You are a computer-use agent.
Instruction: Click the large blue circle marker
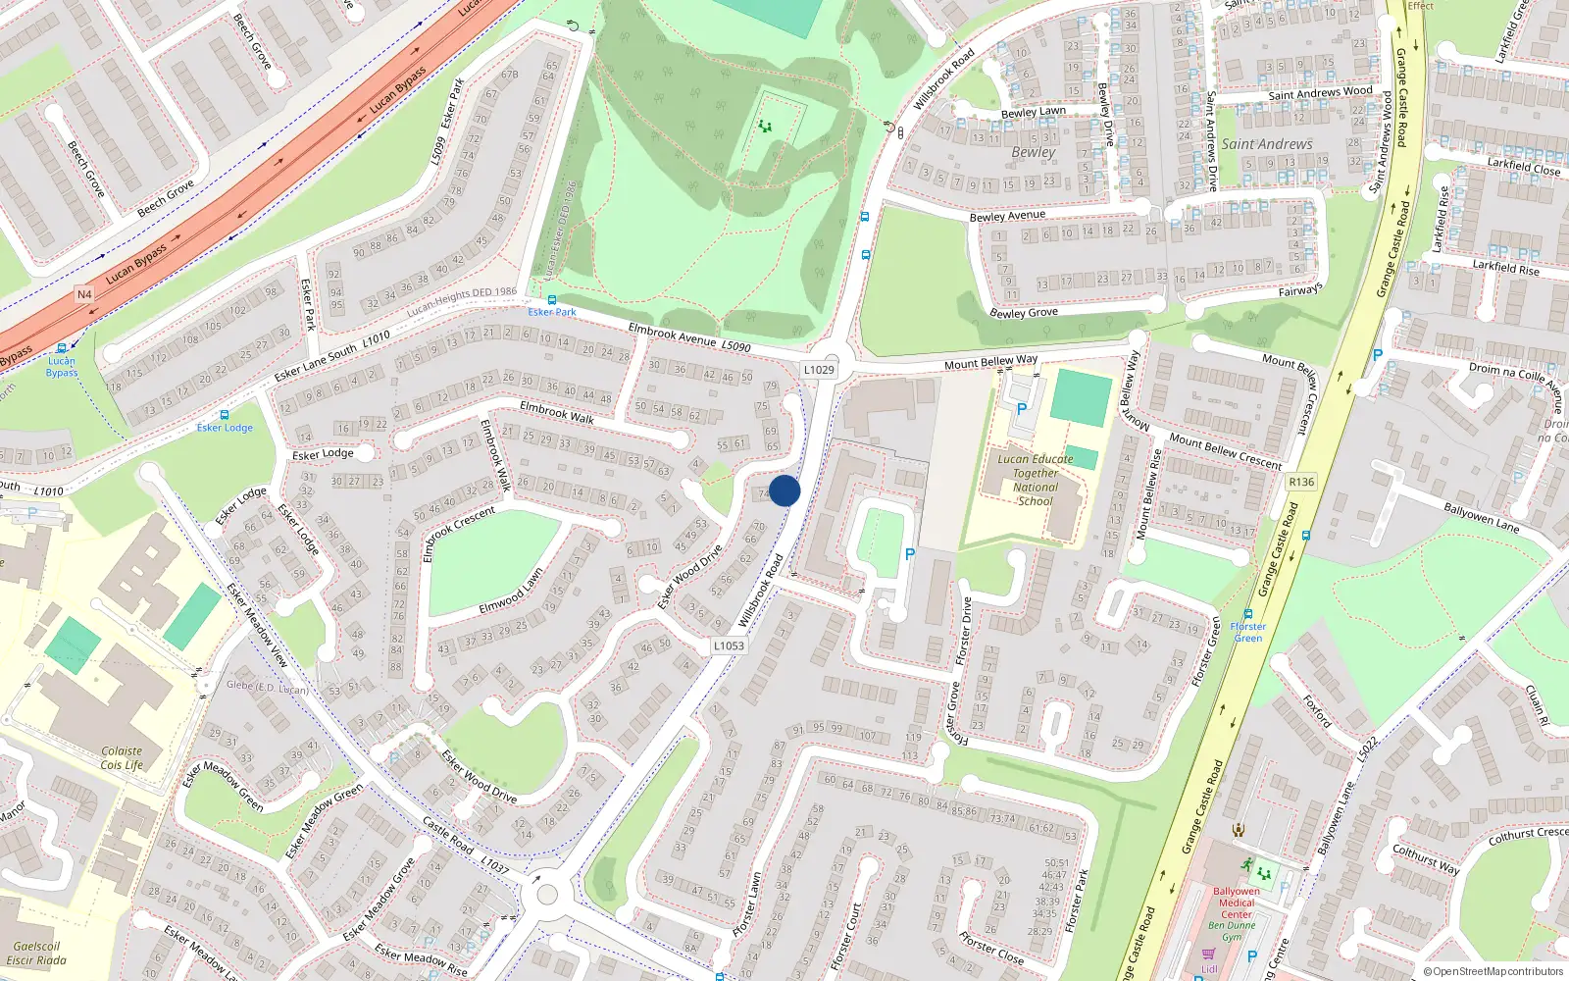pyautogui.click(x=784, y=490)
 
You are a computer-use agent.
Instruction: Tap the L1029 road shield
pyautogui.click(x=819, y=370)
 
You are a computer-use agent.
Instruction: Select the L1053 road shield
pyautogui.click(x=729, y=645)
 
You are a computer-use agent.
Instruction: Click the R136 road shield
pyautogui.click(x=1301, y=482)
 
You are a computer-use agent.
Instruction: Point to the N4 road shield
pyautogui.click(x=84, y=294)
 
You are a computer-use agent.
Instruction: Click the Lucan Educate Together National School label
pyautogui.click(x=1036, y=480)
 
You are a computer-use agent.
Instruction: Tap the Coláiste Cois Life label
pyautogui.click(x=122, y=758)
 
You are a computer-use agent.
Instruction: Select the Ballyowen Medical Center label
pyautogui.click(x=1236, y=903)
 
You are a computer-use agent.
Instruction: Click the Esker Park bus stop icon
pyautogui.click(x=552, y=299)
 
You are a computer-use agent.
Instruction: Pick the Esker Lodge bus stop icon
pyautogui.click(x=225, y=415)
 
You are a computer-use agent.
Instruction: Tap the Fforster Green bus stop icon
pyautogui.click(x=1248, y=614)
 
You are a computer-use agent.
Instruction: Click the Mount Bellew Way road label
pyautogui.click(x=990, y=362)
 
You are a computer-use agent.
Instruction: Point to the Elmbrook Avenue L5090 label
pyautogui.click(x=688, y=338)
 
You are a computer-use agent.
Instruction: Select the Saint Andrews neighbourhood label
pyautogui.click(x=1266, y=144)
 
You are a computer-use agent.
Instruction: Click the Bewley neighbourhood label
pyautogui.click(x=1034, y=152)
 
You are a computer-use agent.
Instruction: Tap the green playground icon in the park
pyautogui.click(x=765, y=127)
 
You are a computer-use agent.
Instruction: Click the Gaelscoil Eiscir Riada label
pyautogui.click(x=36, y=954)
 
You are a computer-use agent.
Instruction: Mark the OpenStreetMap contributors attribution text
pyautogui.click(x=1493, y=972)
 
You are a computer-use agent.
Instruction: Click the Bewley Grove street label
pyautogui.click(x=1024, y=313)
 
